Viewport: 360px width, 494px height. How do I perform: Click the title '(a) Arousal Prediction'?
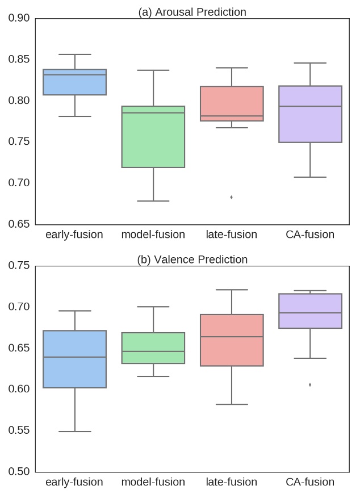192,12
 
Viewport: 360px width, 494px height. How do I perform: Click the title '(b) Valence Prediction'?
192,259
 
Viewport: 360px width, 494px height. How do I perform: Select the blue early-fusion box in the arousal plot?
74,82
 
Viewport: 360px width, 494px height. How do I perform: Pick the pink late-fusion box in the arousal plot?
232,103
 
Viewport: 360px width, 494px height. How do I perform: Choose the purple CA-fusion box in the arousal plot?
310,114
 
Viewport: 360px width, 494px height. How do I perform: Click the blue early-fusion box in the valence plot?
74,359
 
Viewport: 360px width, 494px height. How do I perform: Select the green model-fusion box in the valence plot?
153,348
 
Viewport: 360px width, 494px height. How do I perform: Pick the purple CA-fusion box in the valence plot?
310,311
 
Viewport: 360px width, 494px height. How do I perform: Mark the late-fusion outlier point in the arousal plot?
232,197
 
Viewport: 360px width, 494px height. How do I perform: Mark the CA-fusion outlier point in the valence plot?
310,384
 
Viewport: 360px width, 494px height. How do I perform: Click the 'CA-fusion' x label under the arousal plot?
310,235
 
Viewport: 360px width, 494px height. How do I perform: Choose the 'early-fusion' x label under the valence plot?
74,482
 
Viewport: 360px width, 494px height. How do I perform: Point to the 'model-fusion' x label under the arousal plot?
153,235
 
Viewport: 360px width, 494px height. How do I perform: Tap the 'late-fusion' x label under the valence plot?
232,482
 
